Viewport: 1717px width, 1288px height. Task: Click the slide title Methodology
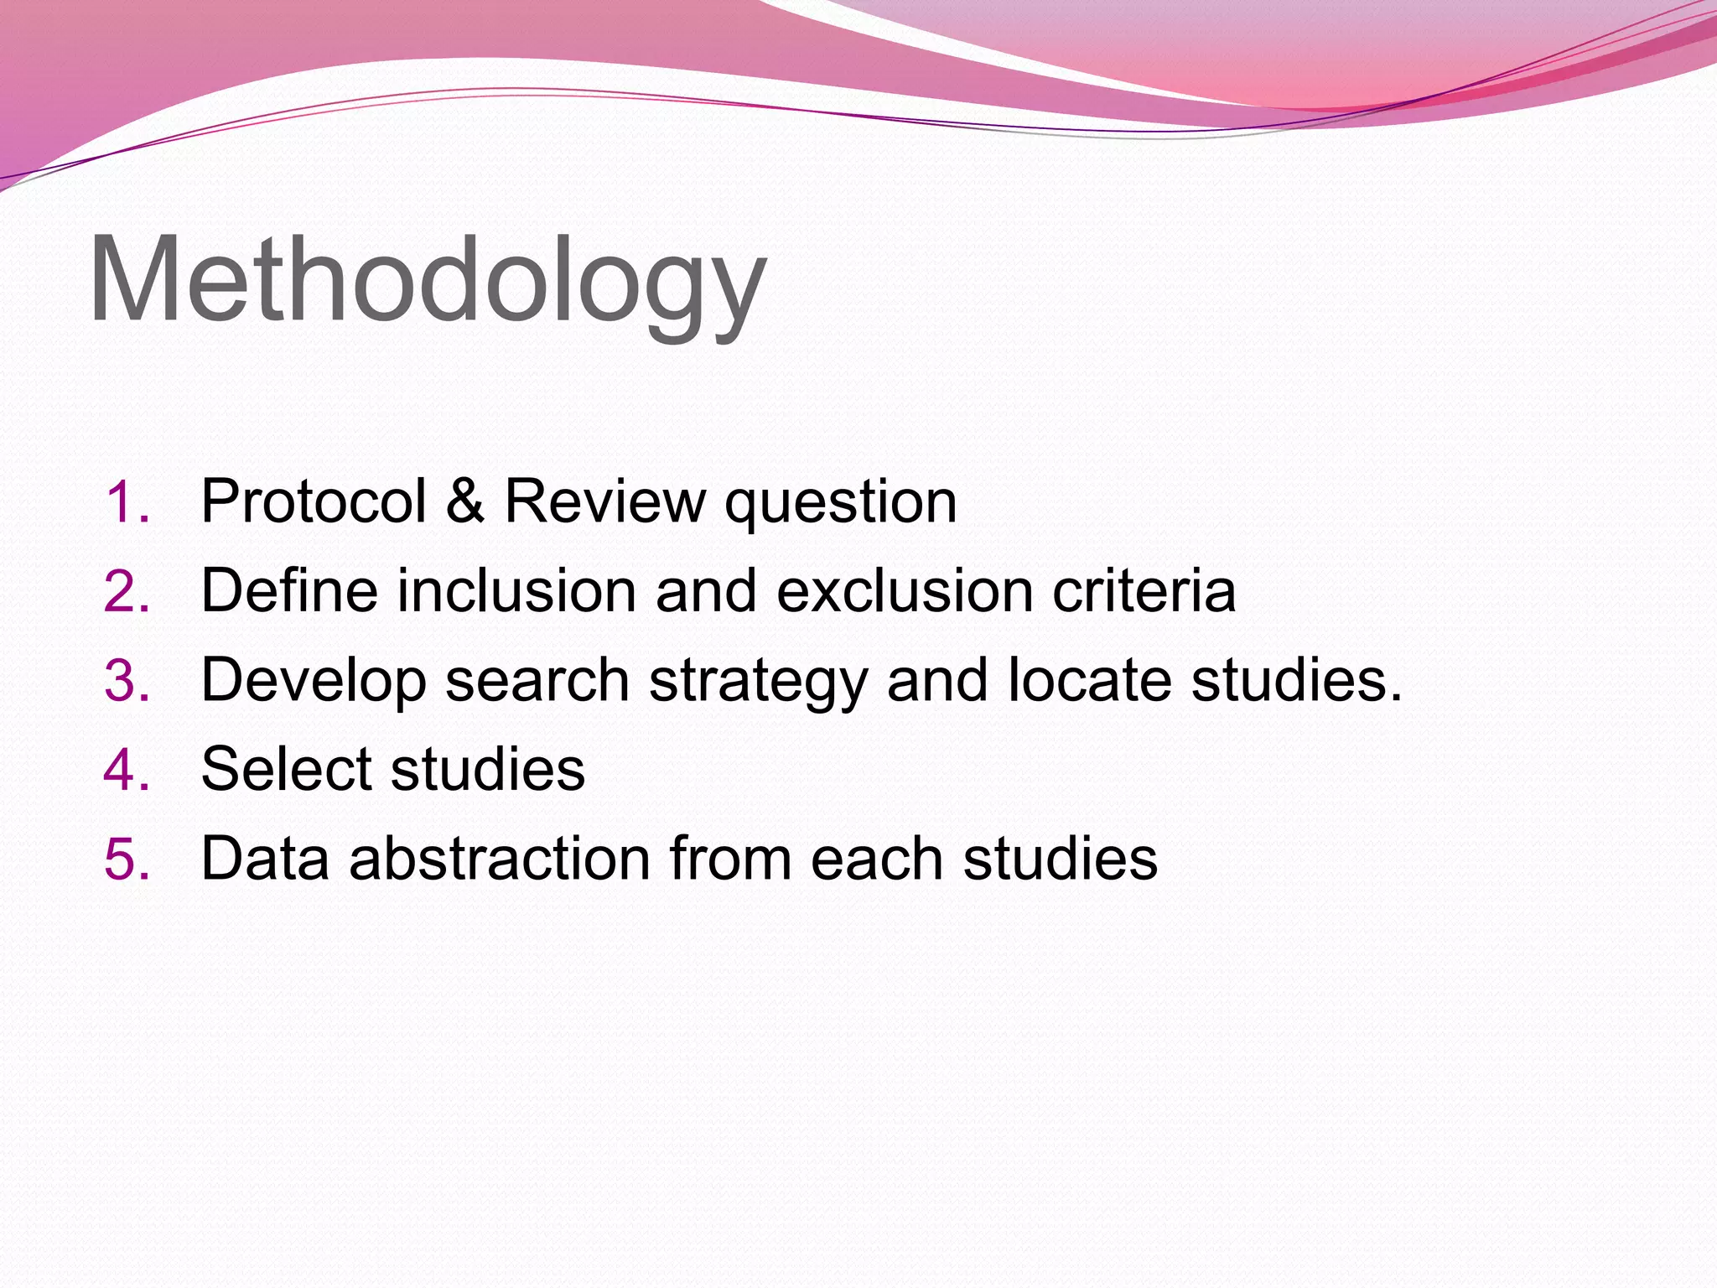coord(428,281)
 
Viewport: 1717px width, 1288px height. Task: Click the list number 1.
coord(127,503)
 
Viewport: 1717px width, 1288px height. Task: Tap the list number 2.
coord(127,592)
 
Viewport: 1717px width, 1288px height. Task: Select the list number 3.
coord(127,681)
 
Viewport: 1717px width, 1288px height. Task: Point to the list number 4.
coord(127,770)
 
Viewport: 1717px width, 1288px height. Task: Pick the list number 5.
coord(127,860)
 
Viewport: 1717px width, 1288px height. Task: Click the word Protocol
coord(314,502)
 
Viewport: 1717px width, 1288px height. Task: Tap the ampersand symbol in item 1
coord(465,502)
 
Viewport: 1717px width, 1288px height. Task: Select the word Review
coord(604,502)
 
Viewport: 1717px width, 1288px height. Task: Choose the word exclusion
coord(905,591)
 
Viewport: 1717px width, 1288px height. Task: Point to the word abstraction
coord(499,859)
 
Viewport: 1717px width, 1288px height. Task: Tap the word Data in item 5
coord(265,859)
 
